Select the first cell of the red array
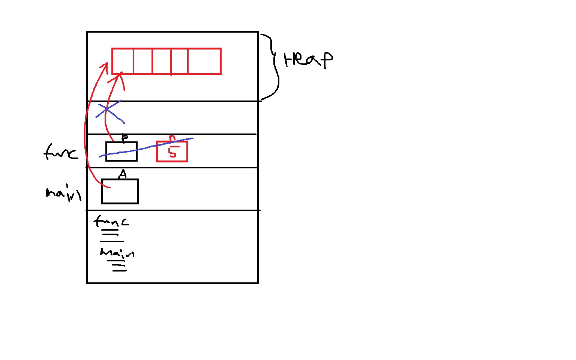123,61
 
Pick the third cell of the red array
162,61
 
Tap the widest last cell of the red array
204,61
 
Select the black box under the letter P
121,151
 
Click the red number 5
172,152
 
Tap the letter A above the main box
123,174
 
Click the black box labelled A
120,192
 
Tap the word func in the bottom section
111,221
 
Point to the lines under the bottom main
118,267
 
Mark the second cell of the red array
143,61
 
